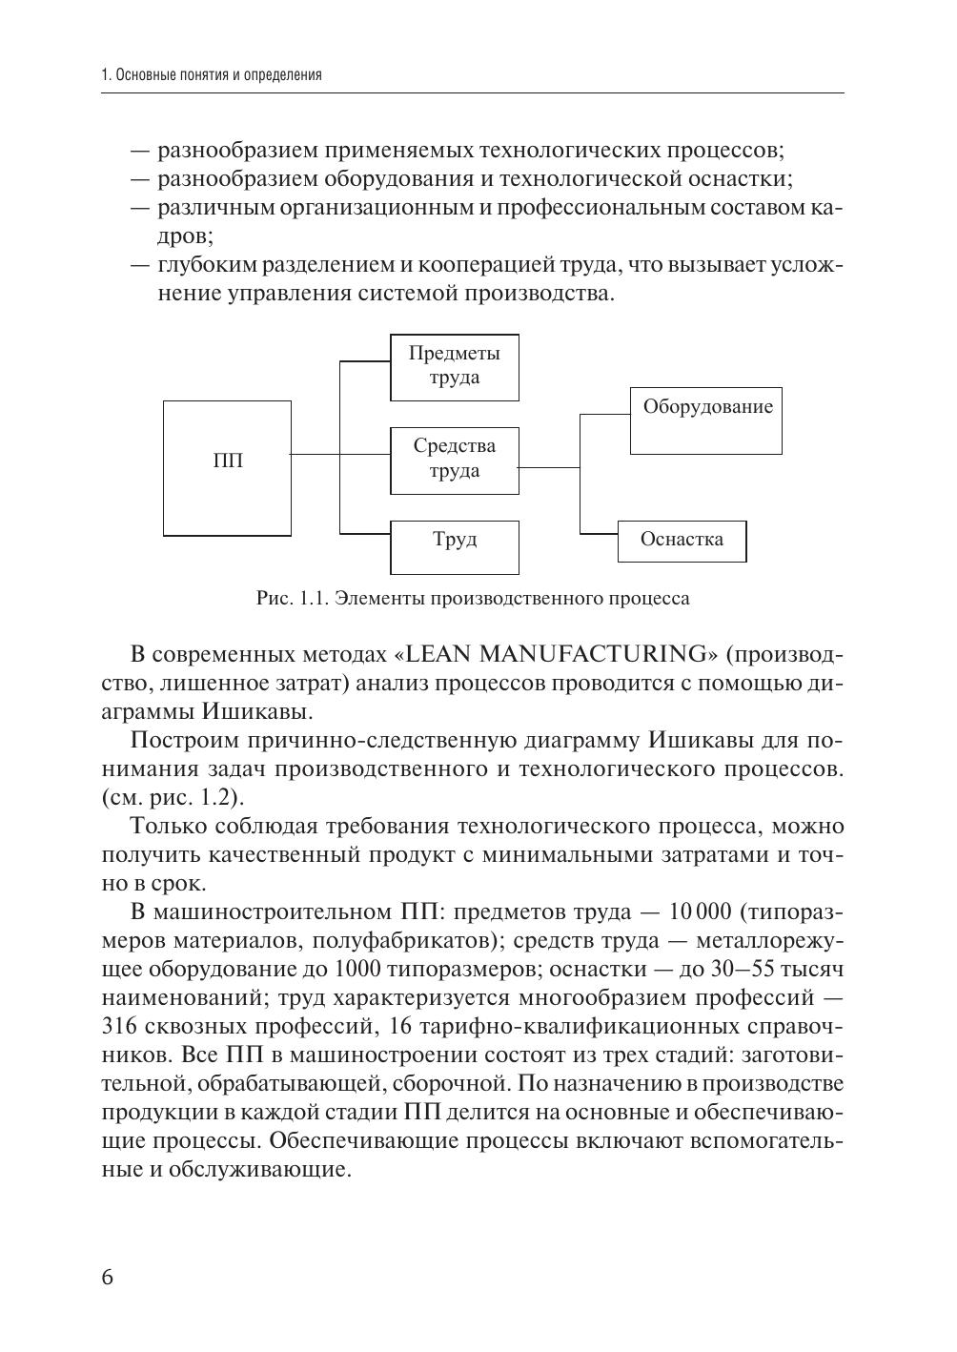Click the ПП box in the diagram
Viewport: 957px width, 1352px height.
click(227, 467)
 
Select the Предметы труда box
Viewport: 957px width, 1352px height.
click(455, 366)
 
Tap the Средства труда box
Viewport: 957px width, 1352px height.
click(455, 460)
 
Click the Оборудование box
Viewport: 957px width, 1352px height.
click(706, 420)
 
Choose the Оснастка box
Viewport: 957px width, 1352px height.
click(682, 541)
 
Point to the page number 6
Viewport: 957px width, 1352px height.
click(107, 1278)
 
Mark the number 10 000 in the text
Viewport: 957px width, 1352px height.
click(701, 912)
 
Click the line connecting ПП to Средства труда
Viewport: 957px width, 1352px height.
click(316, 455)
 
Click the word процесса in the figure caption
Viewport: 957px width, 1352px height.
click(648, 599)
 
